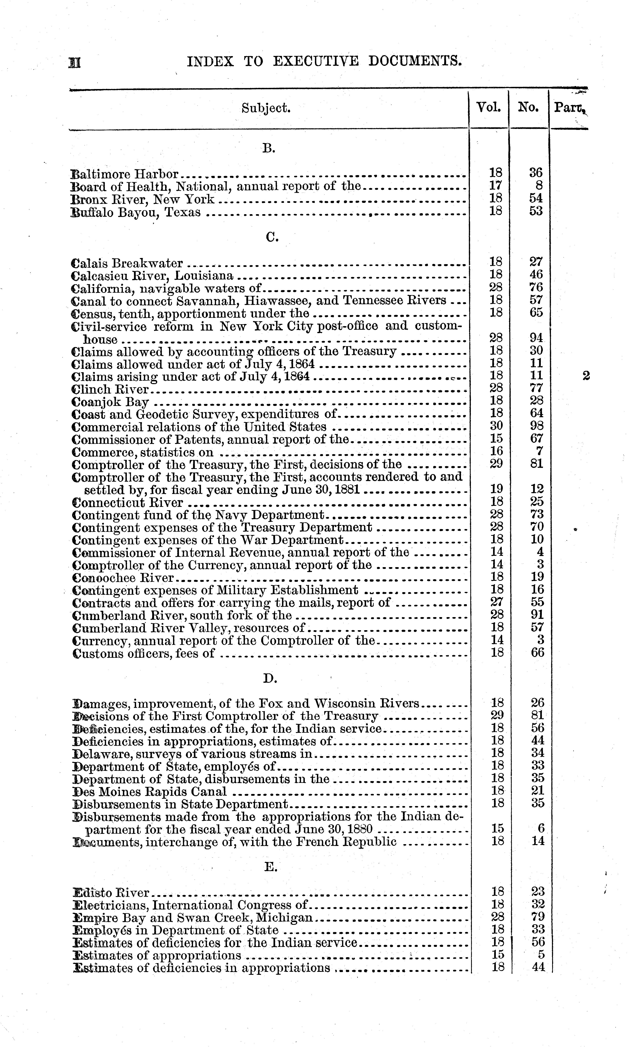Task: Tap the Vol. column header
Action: tap(489, 107)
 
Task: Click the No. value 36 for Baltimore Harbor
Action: tap(536, 173)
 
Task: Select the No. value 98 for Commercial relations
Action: tap(537, 426)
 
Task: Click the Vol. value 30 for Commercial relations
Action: tap(496, 426)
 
